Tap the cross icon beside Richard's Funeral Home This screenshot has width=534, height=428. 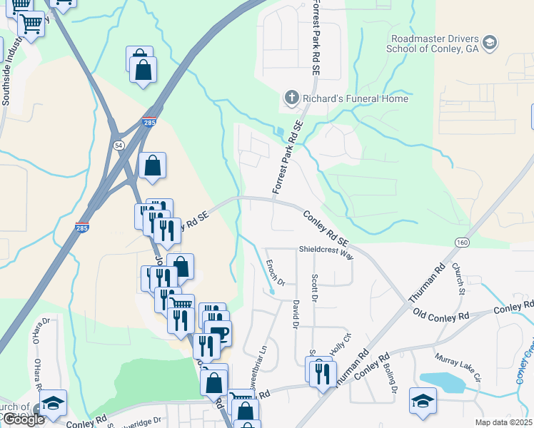pyautogui.click(x=291, y=98)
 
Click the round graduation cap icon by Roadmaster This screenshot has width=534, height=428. pyautogui.click(x=489, y=43)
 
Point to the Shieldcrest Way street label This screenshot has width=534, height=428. pyautogui.click(x=326, y=253)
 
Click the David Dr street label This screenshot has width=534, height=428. pyautogui.click(x=294, y=314)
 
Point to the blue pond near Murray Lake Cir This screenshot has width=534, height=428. pyautogui.click(x=442, y=382)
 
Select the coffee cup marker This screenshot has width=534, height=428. pyautogui.click(x=218, y=334)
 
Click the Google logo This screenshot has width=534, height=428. pyautogui.click(x=24, y=419)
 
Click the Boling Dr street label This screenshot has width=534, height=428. pyautogui.click(x=392, y=379)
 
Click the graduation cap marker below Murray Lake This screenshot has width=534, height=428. pyautogui.click(x=423, y=401)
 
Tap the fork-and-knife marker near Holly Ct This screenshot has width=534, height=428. pyautogui.click(x=322, y=372)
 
